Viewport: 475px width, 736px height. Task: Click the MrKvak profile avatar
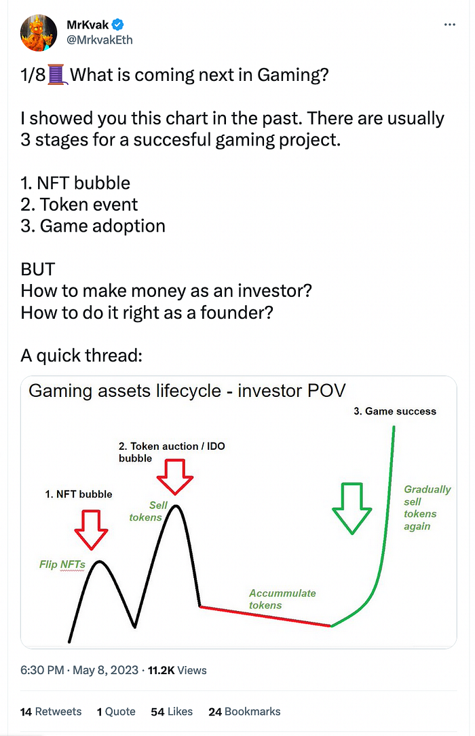coord(38,32)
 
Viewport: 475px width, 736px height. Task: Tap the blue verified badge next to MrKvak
coord(118,25)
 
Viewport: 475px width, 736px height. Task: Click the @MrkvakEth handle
coord(99,39)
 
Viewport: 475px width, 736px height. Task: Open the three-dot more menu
coord(449,24)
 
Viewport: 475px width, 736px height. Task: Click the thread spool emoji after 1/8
coord(56,75)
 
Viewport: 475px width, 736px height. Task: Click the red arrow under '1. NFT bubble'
coord(91,528)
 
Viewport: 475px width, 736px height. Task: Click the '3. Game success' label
coord(395,411)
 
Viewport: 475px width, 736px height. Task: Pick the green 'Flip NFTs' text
coord(62,564)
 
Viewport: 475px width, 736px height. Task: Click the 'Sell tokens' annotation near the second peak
coord(146,511)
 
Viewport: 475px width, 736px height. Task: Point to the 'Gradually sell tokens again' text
coord(426,508)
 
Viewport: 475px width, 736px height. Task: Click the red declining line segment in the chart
coord(265,616)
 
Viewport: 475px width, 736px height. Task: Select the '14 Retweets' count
coord(51,712)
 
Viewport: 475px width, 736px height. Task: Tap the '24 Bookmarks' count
coord(244,712)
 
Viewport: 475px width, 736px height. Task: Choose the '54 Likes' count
coord(172,712)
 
